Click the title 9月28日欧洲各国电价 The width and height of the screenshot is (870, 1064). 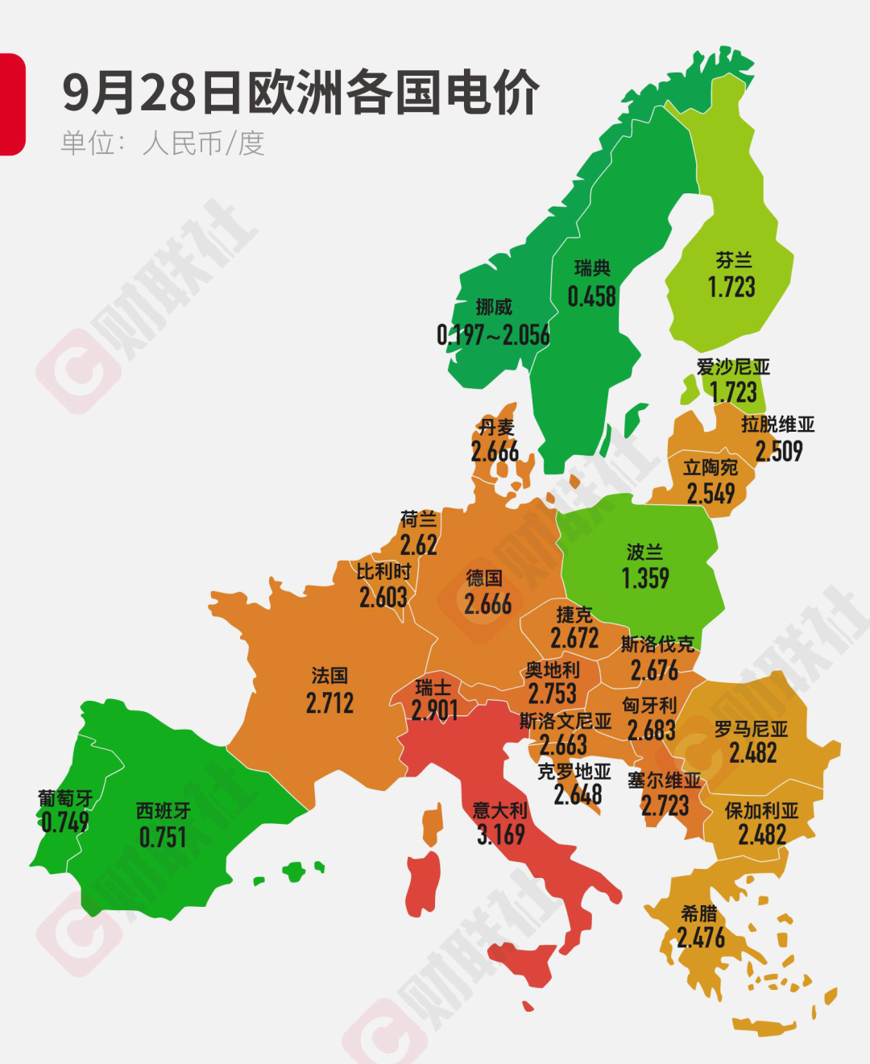point(300,93)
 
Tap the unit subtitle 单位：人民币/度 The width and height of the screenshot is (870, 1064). point(163,143)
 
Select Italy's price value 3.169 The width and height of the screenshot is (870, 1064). point(500,834)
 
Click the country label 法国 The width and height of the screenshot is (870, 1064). point(329,675)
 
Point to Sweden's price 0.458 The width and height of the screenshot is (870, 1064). point(591,296)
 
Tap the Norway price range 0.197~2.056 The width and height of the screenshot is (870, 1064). point(493,334)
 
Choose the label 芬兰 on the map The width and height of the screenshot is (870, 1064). point(733,260)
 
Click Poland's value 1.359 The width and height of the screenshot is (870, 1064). point(645,578)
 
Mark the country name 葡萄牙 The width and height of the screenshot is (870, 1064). point(65,798)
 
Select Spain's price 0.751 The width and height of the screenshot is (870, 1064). point(163,838)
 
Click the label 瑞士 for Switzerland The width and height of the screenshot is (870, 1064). point(433,687)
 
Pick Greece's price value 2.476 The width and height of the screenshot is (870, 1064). point(701,938)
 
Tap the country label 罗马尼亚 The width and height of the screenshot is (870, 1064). point(751,730)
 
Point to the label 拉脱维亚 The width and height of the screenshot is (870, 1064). point(777,424)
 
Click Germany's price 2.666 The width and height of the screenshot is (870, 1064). point(487,603)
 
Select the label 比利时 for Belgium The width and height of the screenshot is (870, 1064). point(383,572)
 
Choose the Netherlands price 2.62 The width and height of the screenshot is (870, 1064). point(419,545)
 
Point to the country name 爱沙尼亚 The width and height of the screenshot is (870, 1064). point(733,367)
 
